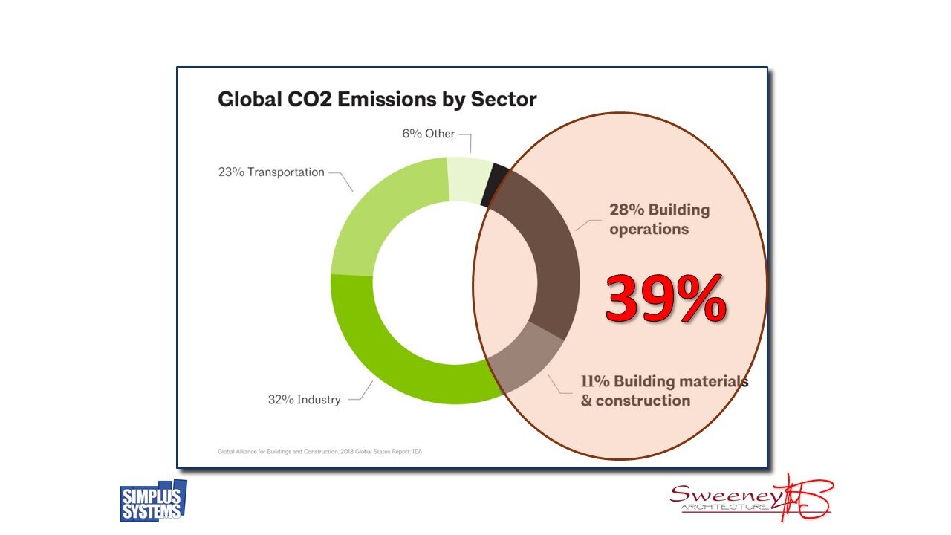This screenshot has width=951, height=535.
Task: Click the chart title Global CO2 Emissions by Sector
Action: (377, 100)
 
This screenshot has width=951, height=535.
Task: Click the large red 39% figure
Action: (665, 299)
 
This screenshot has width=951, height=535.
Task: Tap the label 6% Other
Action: (429, 134)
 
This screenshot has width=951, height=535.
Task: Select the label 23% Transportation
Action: (271, 172)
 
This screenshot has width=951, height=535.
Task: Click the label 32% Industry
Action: (304, 400)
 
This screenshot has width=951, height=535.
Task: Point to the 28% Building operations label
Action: (659, 219)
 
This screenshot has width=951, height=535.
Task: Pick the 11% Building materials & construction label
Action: (663, 391)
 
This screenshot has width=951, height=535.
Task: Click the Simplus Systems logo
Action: (153, 501)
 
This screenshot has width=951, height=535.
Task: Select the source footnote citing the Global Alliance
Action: (324, 450)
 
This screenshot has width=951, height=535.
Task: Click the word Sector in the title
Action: (504, 100)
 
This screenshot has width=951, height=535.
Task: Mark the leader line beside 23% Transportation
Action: (342, 178)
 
